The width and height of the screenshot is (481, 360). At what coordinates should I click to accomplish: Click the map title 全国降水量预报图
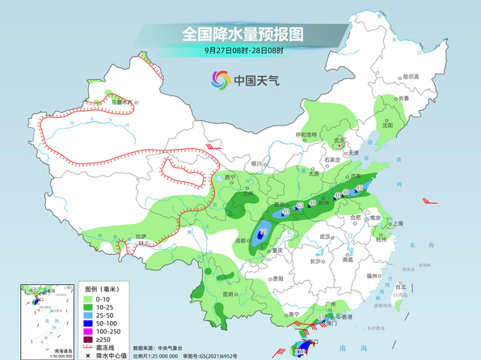242,35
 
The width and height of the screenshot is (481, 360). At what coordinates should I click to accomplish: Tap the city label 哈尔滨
411,75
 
